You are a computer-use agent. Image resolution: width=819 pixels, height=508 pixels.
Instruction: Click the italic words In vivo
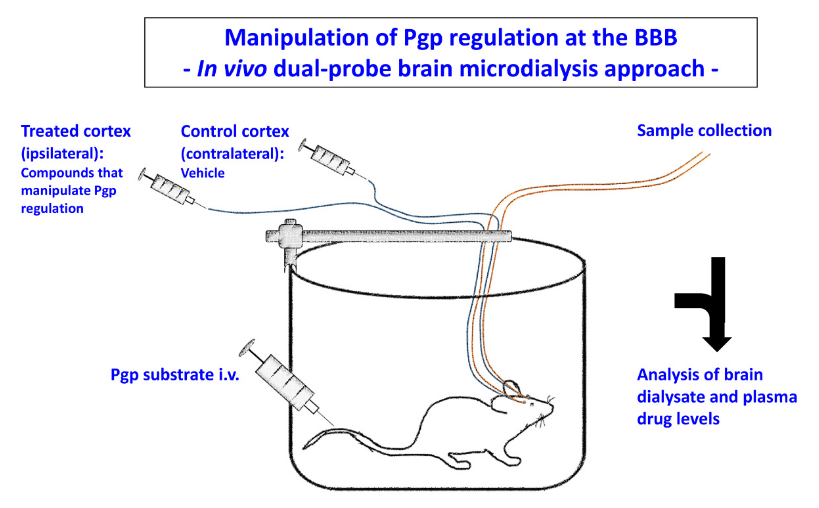click(x=232, y=69)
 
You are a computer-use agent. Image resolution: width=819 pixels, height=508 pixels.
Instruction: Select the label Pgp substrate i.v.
click(x=175, y=375)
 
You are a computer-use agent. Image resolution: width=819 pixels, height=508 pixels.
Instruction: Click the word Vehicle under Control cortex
click(x=202, y=173)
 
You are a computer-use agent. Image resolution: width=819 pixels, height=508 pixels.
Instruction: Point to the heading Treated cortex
click(x=76, y=131)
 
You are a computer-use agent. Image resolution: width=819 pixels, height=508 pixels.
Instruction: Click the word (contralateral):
click(x=232, y=154)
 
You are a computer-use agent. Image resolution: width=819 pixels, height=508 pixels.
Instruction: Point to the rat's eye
click(x=532, y=405)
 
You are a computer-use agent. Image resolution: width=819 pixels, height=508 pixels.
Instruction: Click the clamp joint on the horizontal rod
click(x=290, y=235)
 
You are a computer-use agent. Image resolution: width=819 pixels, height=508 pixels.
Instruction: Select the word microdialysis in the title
click(x=528, y=69)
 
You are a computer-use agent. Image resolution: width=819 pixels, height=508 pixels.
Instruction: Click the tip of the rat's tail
click(x=305, y=448)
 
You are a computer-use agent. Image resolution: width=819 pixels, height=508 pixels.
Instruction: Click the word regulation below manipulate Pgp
click(x=52, y=209)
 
